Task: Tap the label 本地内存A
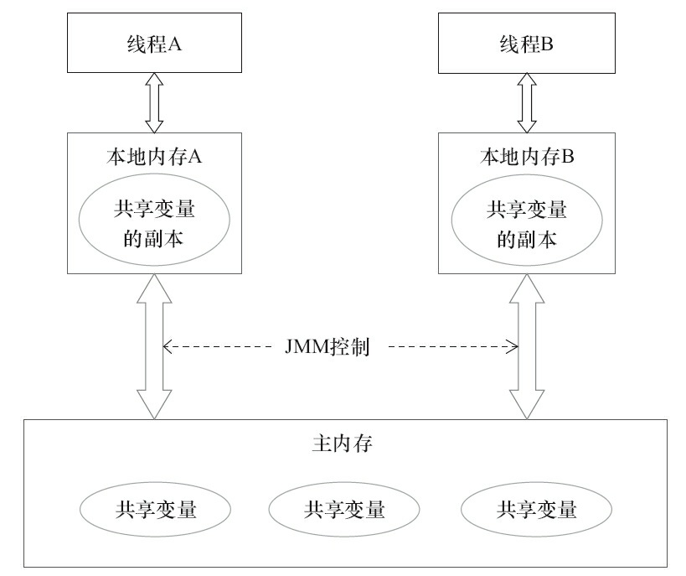152,155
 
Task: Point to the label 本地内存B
526,155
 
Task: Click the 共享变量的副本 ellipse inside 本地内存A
153,224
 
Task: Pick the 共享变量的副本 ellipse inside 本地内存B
526,224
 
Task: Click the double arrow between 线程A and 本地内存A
153,101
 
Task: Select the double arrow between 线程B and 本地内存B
526,101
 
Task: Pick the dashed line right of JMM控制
448,345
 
